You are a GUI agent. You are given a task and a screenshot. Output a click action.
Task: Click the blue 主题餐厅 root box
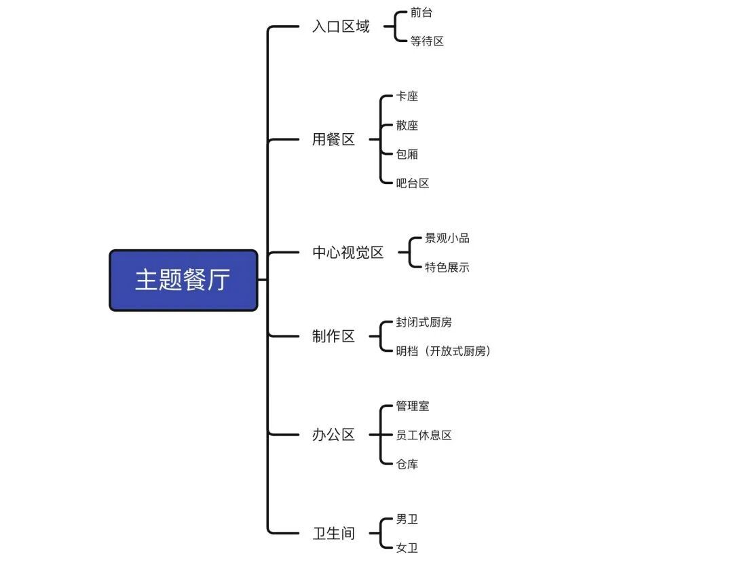183,280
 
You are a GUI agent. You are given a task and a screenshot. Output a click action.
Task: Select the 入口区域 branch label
341,27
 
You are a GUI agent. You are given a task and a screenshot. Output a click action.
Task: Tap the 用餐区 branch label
333,140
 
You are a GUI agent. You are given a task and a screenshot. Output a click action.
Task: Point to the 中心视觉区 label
347,253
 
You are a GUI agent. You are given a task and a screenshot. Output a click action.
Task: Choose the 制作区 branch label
333,336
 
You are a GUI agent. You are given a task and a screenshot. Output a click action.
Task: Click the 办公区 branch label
333,435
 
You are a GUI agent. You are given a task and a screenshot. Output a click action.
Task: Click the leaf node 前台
421,13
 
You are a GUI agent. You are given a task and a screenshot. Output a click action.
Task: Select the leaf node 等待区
427,41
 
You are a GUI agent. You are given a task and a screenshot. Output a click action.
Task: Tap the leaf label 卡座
407,96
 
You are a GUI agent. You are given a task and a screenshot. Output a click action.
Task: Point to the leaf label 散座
407,126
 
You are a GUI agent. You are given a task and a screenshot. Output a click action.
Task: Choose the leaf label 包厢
407,154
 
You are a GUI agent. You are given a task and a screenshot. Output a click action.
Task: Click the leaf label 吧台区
413,183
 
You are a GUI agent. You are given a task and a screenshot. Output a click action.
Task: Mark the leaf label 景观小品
447,238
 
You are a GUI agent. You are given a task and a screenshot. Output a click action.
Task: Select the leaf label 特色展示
447,268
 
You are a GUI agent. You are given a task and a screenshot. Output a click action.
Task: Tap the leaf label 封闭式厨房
424,323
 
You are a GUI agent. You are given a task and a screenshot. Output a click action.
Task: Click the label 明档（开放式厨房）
443,351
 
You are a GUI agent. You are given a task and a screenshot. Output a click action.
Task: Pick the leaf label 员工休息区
424,435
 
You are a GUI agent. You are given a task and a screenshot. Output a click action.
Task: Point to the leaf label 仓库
407,465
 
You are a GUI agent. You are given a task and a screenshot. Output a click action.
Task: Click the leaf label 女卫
407,548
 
